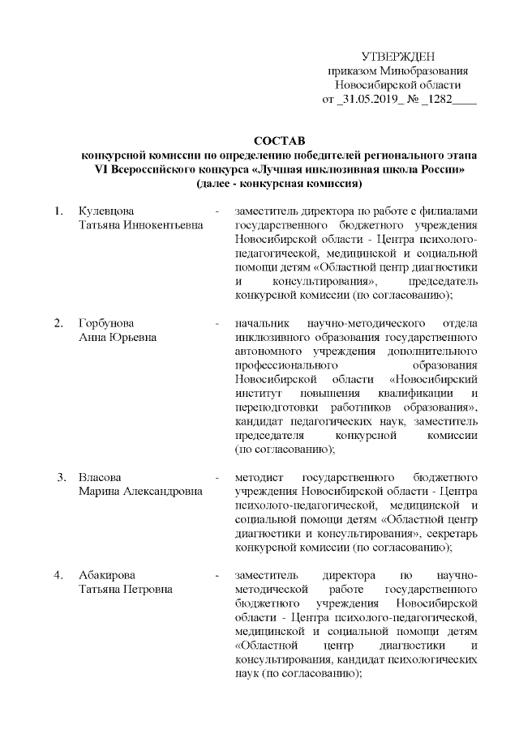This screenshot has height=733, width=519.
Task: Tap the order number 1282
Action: pos(436,100)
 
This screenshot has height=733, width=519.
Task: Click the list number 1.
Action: pos(58,211)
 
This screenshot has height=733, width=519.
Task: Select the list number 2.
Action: pos(58,323)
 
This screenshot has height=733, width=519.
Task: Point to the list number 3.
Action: pos(61,475)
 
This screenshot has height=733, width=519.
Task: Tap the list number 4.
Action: pos(58,575)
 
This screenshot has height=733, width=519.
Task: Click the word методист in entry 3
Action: pos(257,475)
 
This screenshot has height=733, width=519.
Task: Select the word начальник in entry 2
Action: pos(260,323)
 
